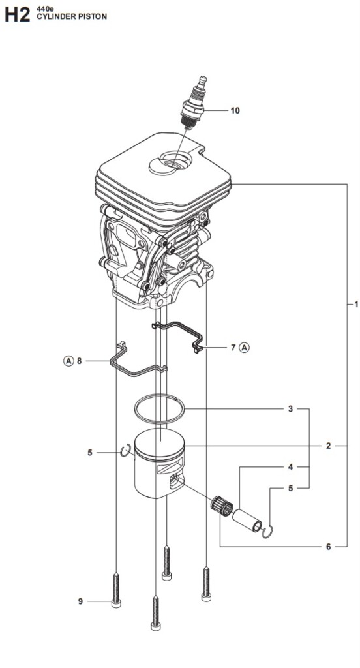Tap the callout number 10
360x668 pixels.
coord(235,111)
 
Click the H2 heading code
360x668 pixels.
coord(18,16)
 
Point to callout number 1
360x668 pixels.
coord(356,304)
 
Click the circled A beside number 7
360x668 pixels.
coord(244,348)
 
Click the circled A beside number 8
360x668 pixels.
coord(68,361)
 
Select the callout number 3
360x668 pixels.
coord(291,409)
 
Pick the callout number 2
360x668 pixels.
coord(328,446)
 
